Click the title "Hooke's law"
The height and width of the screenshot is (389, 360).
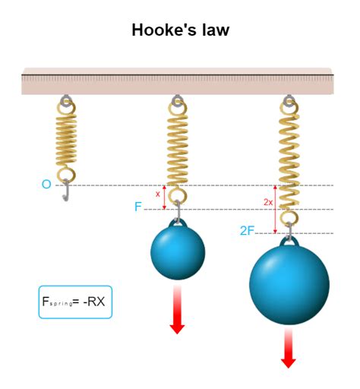[x=180, y=30]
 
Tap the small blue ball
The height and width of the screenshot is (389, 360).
[x=178, y=253]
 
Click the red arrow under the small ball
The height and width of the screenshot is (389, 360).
[x=177, y=310]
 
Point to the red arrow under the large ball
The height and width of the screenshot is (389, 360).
[x=289, y=347]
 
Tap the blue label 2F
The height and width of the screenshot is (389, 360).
[x=247, y=230]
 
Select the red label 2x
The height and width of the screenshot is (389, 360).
[x=268, y=203]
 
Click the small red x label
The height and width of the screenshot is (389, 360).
[x=158, y=194]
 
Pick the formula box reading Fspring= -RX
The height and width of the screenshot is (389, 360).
[x=75, y=302]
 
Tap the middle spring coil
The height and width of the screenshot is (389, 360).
[x=178, y=148]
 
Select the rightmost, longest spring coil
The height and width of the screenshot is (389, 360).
[x=289, y=160]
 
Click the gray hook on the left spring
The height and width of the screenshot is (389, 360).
[x=67, y=191]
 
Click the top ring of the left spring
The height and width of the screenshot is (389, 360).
[x=67, y=100]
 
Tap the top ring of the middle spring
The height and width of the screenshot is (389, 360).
[x=178, y=101]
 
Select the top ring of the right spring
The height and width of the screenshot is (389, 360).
[x=289, y=101]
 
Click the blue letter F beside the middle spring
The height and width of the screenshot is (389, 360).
[x=138, y=206]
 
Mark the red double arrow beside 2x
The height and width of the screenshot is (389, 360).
[x=276, y=209]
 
